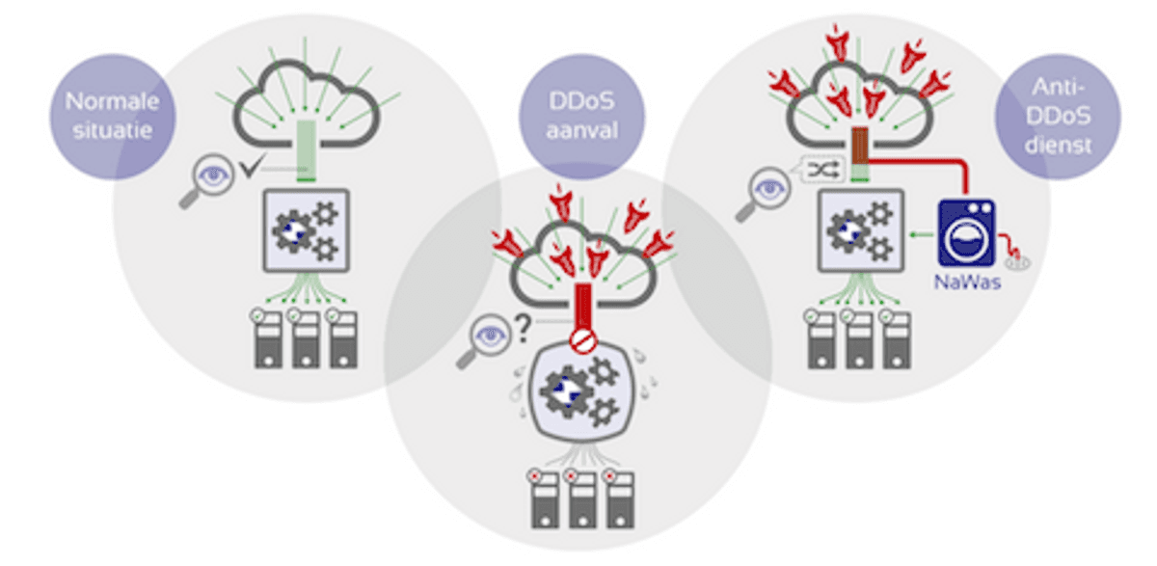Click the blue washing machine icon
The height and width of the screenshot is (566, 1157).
click(966, 231)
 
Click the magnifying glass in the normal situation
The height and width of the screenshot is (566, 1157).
click(204, 182)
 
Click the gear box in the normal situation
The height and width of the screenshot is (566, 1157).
click(305, 231)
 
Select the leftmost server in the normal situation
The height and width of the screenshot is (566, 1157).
click(267, 338)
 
